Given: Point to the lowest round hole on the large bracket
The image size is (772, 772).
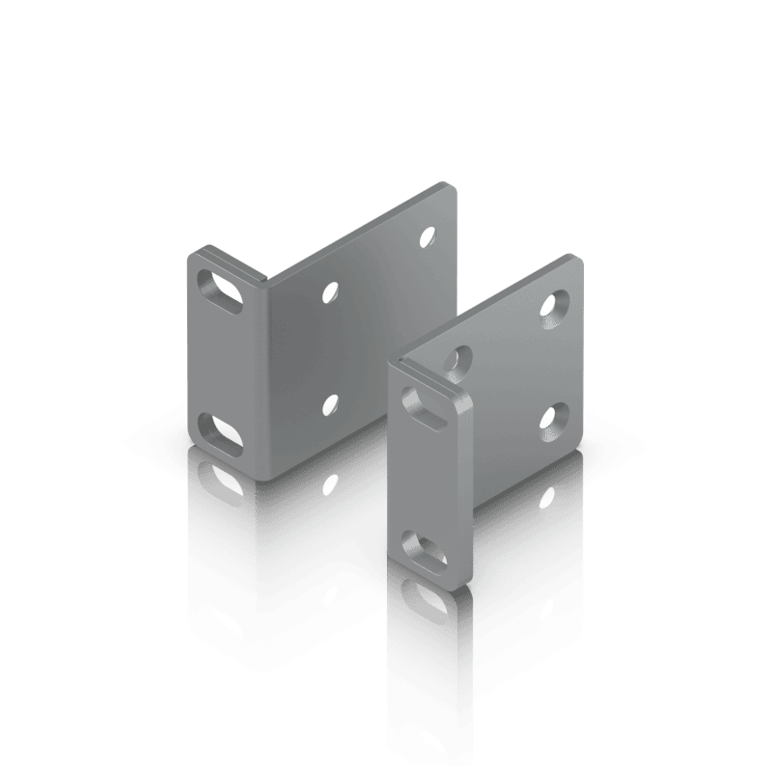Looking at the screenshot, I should coord(331,402).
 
